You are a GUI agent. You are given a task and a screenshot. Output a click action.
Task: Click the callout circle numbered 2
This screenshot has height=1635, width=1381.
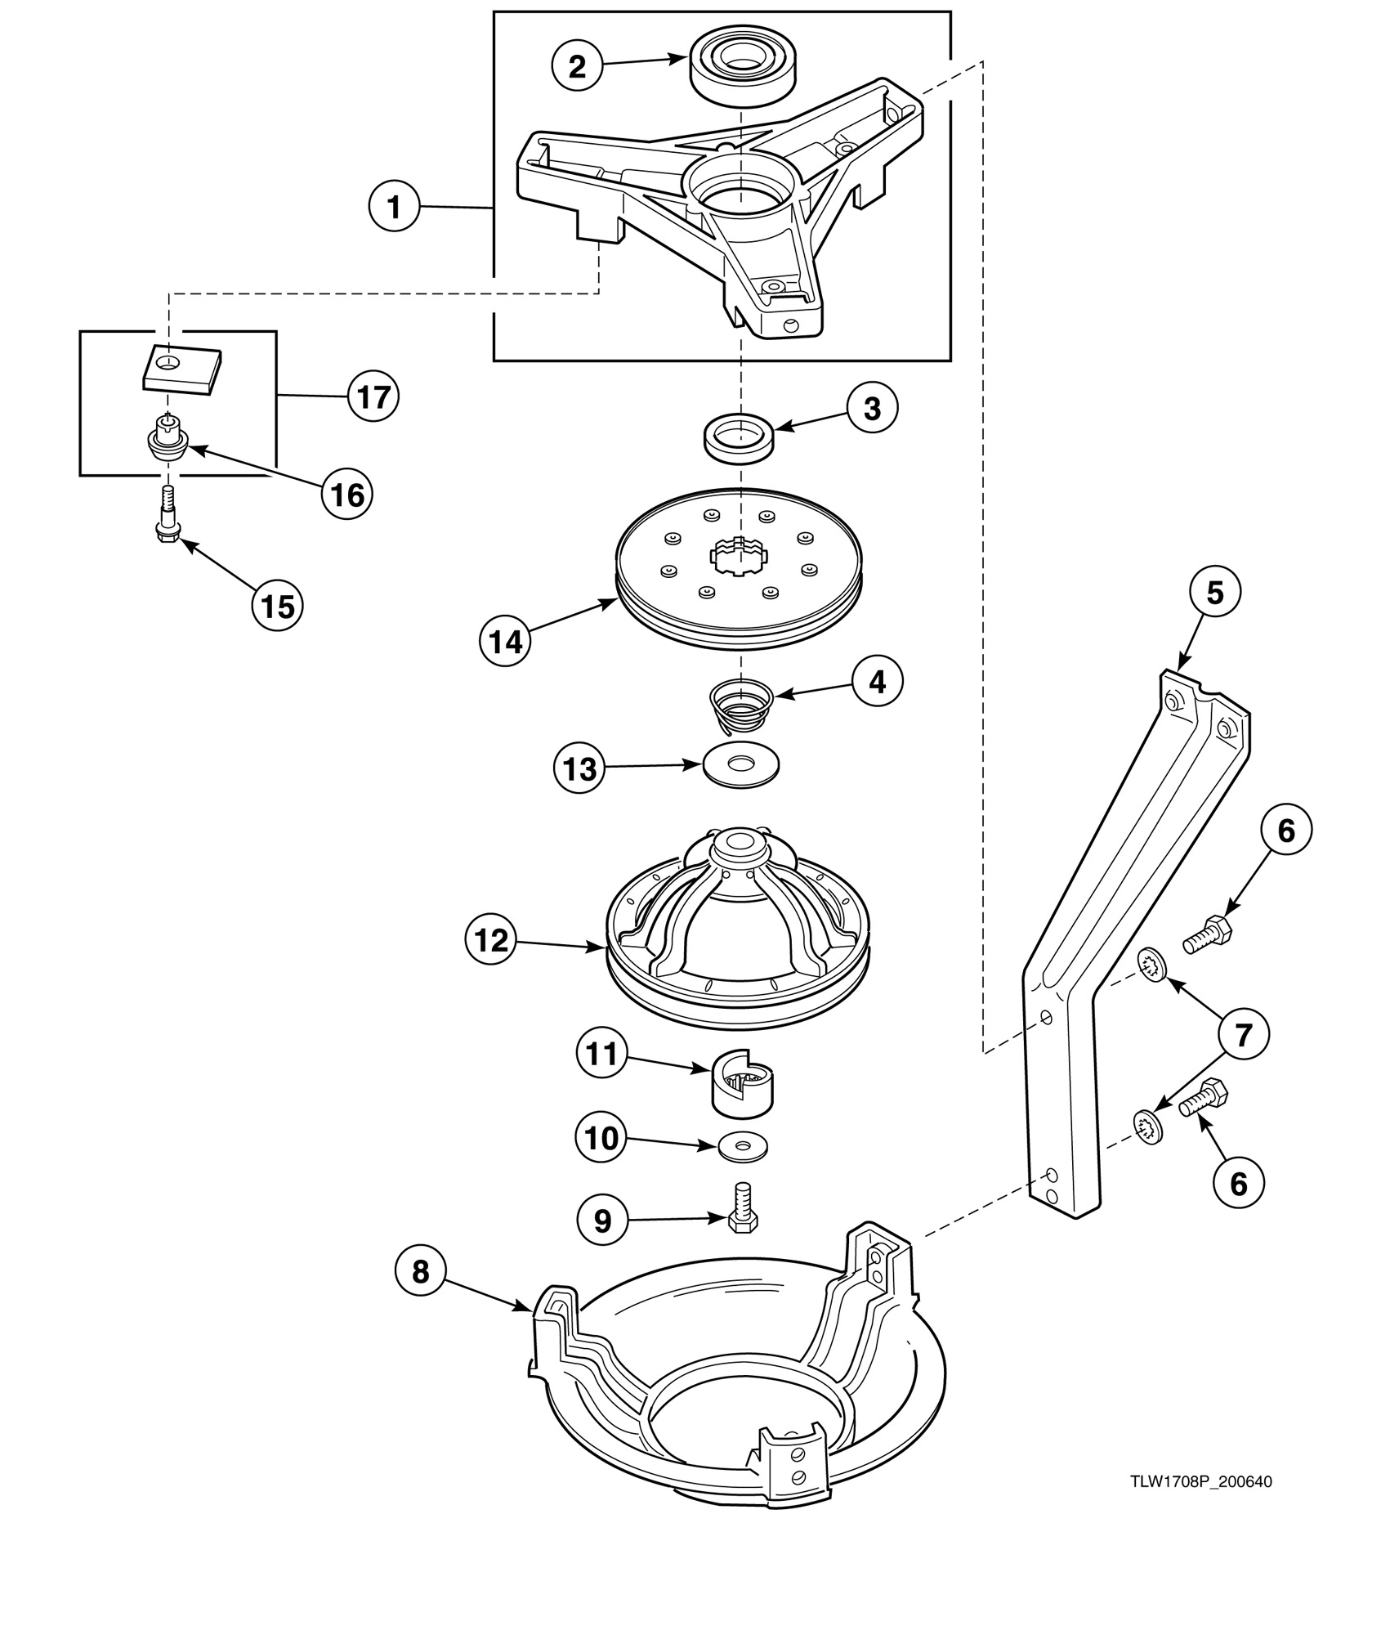coord(577,66)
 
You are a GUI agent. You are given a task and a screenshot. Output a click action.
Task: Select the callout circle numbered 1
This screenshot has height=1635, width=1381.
coord(394,207)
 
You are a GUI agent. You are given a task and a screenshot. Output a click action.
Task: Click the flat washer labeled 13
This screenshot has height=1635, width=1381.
coord(741,766)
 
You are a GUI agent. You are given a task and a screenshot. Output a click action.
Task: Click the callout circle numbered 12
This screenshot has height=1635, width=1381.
coord(491,939)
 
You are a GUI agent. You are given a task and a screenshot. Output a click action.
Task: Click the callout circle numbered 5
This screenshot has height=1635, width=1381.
coord(1214,592)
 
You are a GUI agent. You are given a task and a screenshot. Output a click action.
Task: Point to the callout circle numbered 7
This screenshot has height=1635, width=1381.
coord(1242,1035)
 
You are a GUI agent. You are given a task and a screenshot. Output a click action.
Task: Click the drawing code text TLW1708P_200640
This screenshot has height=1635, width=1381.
coord(1200,1481)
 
